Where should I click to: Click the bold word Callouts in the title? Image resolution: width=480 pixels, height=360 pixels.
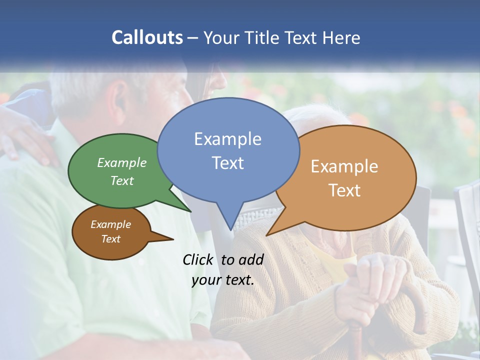point(147,37)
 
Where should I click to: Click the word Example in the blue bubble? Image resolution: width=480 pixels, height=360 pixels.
point(227,139)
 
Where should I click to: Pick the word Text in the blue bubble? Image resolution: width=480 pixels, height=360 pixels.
point(227,163)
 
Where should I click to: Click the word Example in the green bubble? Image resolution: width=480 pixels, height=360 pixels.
point(122,162)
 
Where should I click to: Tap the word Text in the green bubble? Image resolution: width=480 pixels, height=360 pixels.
point(122,180)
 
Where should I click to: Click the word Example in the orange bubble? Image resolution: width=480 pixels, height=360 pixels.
point(344,166)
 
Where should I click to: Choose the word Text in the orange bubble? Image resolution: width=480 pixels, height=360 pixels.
point(344,190)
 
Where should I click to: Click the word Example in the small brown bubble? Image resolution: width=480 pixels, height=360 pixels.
point(110,224)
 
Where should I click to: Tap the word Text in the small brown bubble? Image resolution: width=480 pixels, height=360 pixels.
point(110,239)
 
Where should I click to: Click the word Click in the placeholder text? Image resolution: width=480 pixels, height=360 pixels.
point(198,259)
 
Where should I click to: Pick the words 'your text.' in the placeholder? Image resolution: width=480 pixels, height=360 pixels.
point(223,279)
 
